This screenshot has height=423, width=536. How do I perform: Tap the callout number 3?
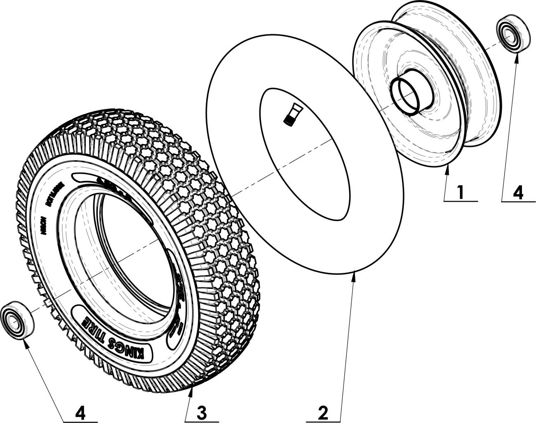point(201,412)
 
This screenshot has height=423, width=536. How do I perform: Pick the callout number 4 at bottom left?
point(80,412)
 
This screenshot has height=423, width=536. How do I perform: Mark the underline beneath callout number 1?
point(461,201)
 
